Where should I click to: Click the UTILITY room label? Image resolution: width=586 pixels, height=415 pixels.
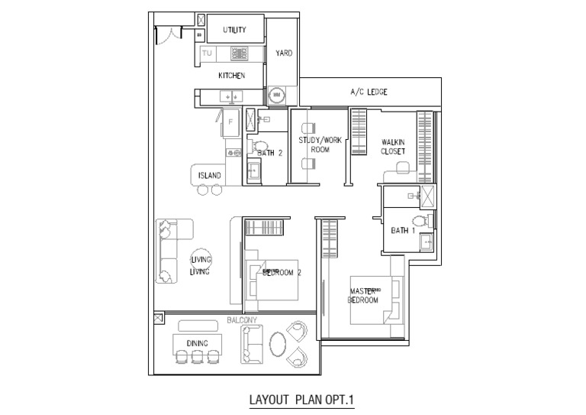[x=234, y=30]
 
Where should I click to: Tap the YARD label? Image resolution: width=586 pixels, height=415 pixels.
[x=284, y=53]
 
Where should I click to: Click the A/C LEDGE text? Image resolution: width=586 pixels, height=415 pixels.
[x=369, y=92]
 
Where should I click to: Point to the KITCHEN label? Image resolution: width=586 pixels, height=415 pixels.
[x=231, y=76]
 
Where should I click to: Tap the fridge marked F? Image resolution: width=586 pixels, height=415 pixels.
[x=229, y=122]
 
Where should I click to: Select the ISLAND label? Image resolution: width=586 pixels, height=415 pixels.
[x=210, y=175]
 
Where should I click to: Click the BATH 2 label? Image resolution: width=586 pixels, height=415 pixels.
[x=270, y=153]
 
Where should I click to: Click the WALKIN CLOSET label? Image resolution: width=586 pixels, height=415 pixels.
[x=394, y=147]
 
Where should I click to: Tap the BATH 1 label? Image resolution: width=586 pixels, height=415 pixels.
[x=402, y=230]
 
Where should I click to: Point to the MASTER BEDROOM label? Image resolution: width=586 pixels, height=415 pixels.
[x=363, y=296]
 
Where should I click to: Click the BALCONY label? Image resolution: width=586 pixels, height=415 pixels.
[x=243, y=321]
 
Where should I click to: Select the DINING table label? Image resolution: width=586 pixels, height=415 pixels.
[x=197, y=343]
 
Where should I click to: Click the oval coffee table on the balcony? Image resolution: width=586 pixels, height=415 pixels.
[x=279, y=343]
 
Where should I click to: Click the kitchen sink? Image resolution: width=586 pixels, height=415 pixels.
[x=230, y=96]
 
